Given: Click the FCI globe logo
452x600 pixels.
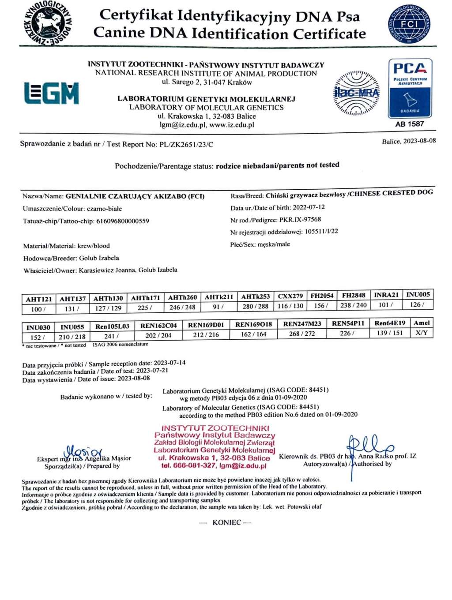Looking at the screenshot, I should pyautogui.click(x=409, y=24).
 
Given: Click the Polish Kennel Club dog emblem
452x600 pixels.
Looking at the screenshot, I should pyautogui.click(x=47, y=23).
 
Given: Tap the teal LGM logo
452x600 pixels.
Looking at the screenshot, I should pyautogui.click(x=52, y=93).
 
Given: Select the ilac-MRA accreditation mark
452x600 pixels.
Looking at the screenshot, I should pyautogui.click(x=356, y=93).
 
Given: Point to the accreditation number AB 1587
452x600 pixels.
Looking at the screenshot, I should pyautogui.click(x=410, y=124).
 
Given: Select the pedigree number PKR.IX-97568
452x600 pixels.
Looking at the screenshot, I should pyautogui.click(x=300, y=219).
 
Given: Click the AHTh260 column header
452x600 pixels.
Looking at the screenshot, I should pyautogui.click(x=182, y=297).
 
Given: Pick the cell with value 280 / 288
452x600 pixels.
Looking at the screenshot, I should pyautogui.click(x=255, y=306).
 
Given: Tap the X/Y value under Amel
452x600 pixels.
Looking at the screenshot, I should pyautogui.click(x=422, y=333).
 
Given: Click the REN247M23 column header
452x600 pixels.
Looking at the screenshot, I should pyautogui.click(x=302, y=324).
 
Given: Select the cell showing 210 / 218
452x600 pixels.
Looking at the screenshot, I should pyautogui.click(x=72, y=337).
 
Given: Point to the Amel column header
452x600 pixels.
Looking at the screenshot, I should pyautogui.click(x=422, y=323).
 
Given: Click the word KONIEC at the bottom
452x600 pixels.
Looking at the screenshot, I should pyautogui.click(x=226, y=522).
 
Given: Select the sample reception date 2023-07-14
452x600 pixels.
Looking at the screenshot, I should pyautogui.click(x=169, y=363).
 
